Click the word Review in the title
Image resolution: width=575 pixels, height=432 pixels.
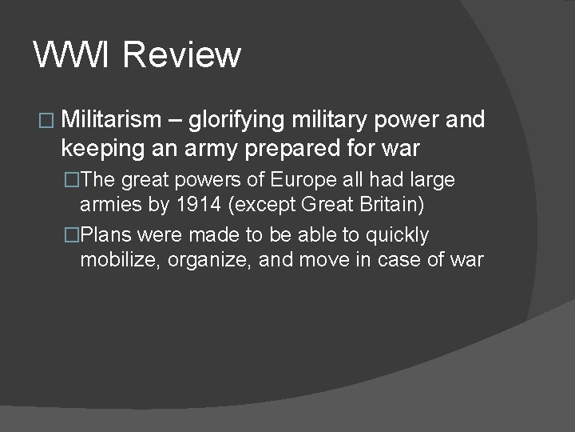[183, 55]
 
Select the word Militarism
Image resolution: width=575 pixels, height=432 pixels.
[111, 121]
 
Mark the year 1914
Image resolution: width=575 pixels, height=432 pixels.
[197, 205]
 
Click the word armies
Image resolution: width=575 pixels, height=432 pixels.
[112, 205]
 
